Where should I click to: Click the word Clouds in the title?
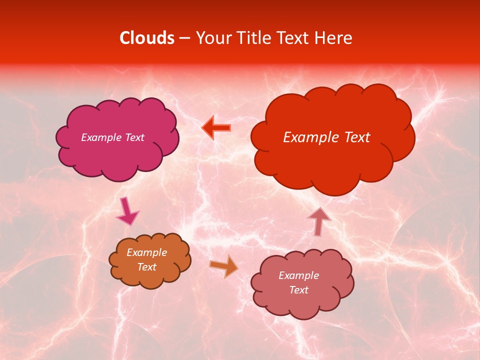[x=147, y=38]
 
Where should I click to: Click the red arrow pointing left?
[x=216, y=127]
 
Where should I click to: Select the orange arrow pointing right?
[x=224, y=265]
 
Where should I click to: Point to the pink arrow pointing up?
[x=319, y=220]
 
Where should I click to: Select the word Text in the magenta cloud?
[x=134, y=137]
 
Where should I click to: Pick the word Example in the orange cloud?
[x=147, y=252]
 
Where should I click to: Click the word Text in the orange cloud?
[x=147, y=267]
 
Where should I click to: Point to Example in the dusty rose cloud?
[x=298, y=275]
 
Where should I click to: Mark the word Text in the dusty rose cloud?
[x=298, y=290]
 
